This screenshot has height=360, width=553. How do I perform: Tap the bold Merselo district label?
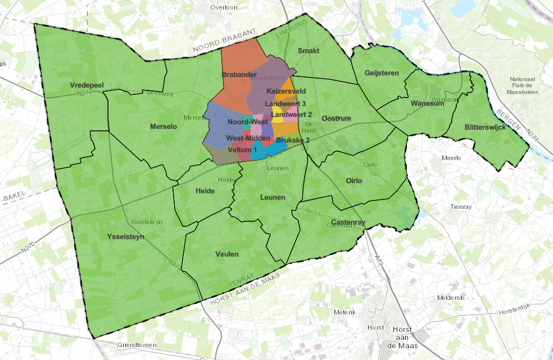(164, 127)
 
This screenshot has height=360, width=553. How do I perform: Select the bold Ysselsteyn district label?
(125, 237)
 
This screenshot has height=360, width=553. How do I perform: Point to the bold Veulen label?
(227, 254)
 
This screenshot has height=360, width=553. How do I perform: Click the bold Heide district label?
(205, 191)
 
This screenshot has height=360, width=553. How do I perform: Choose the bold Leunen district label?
(273, 198)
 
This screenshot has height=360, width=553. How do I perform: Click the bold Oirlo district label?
(354, 181)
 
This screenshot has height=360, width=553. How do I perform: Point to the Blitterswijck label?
(488, 127)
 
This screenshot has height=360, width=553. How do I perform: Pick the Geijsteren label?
(382, 73)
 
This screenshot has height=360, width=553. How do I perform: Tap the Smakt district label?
(309, 51)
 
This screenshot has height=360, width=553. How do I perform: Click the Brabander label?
(235, 75)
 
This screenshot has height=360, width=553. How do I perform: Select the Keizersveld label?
(286, 91)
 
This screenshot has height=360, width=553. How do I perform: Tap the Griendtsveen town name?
(135, 345)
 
